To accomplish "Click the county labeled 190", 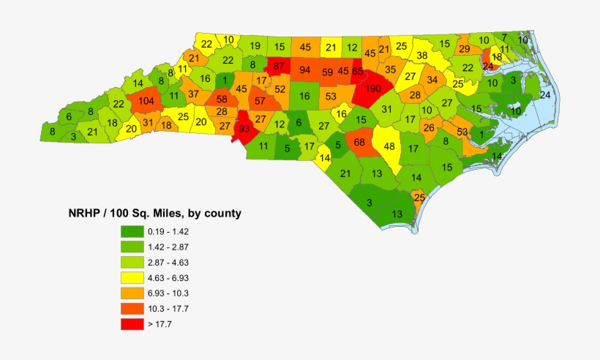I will tap(373, 89).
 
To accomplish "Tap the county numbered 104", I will tap(146, 102).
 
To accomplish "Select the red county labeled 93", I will tap(244, 128).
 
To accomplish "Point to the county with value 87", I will tap(278, 66).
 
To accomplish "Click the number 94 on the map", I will tap(305, 70).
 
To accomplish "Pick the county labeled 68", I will tap(359, 141).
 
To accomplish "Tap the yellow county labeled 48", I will tap(390, 146).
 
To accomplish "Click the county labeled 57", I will tap(260, 101).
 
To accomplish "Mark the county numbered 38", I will tap(422, 55).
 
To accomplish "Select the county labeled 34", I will tap(433, 80).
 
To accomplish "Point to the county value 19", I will tap(254, 46).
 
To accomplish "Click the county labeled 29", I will tap(465, 49).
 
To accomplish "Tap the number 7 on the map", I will tap(503, 37).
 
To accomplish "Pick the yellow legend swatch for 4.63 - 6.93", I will tap(132, 277).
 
